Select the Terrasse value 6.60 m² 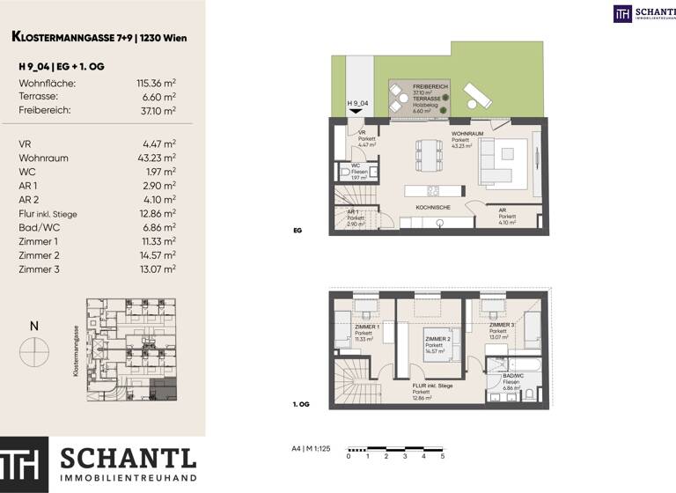(159, 97)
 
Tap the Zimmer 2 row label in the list (39, 254)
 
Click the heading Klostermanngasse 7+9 (99, 37)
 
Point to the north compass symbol (34, 352)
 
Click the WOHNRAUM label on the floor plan (467, 134)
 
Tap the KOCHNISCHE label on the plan (434, 207)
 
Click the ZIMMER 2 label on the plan (437, 339)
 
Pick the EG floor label (298, 231)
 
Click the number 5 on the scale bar (442, 456)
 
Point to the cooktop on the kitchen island (433, 190)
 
